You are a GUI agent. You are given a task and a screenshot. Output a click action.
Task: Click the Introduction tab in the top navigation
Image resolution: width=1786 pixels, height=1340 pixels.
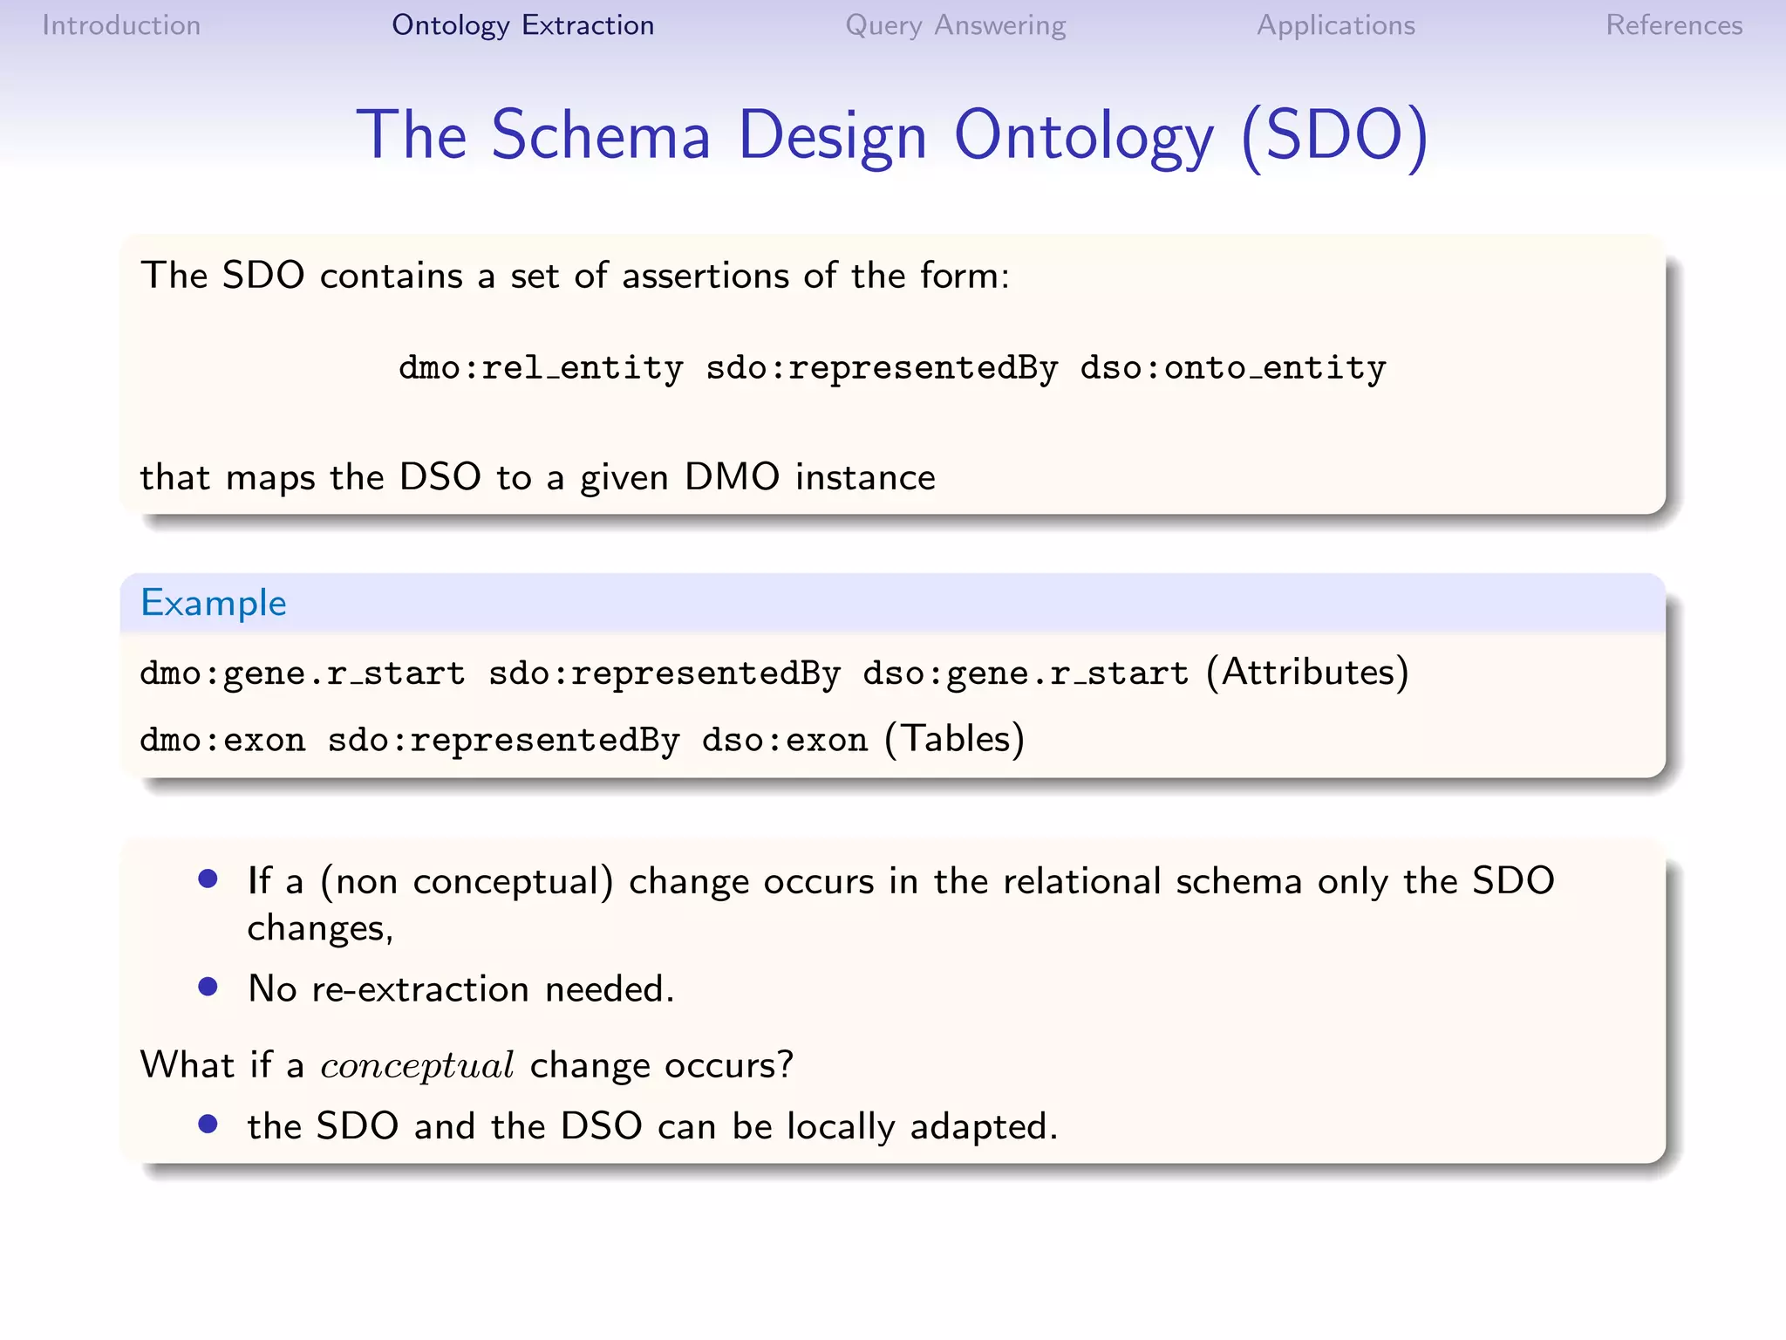pos(121,25)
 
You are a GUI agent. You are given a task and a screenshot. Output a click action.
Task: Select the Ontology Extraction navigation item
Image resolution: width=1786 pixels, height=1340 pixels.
pos(522,25)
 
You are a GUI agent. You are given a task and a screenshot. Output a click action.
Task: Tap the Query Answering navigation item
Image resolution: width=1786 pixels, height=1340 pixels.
pos(955,25)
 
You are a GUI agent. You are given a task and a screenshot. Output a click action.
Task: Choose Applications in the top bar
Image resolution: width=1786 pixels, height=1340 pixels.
pos(1335,25)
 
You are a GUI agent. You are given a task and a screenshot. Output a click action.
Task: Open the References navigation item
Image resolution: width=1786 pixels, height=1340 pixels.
pos(1674,25)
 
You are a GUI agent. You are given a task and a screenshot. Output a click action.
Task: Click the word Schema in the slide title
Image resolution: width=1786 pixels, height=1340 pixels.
pos(601,135)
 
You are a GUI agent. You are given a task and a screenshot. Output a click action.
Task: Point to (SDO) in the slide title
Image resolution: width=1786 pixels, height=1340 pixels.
pos(1334,135)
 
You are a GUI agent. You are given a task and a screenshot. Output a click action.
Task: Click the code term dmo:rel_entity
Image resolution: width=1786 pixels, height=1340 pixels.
pos(541,368)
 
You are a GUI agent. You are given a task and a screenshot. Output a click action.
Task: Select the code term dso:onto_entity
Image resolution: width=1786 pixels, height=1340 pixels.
pos(1232,368)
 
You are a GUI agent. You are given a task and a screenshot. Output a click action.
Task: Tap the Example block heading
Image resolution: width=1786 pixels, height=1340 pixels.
pos(214,603)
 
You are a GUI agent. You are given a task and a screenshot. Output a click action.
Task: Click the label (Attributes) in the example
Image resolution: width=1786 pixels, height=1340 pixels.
pos(1307,673)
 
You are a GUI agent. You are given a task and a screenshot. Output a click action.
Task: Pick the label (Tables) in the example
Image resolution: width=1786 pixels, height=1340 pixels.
pos(954,739)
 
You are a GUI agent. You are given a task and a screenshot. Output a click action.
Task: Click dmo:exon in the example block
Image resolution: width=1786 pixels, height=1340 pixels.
pos(222,740)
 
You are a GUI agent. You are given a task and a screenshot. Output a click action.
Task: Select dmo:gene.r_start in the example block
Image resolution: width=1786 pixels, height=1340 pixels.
pos(302,673)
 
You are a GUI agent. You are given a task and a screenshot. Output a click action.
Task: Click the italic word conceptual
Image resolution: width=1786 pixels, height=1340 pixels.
pos(417,1066)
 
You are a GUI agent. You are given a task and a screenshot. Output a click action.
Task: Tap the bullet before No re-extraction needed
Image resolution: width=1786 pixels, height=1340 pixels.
pos(208,987)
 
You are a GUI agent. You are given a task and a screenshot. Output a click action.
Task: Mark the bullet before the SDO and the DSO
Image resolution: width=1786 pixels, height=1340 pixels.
pos(208,1124)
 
